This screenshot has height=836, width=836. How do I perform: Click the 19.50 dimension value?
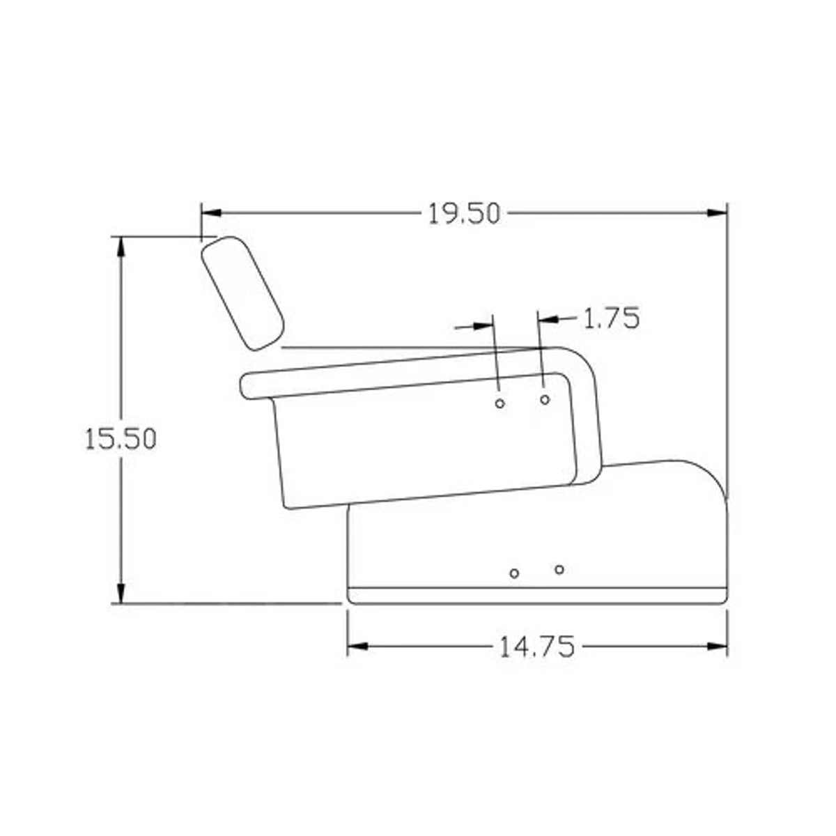coord(464,214)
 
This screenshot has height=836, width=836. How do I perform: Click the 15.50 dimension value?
coord(120,439)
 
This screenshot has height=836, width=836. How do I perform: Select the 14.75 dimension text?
coord(537,647)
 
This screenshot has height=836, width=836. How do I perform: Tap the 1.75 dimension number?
coord(611,318)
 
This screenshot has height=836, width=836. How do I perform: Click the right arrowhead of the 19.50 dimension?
coord(717,213)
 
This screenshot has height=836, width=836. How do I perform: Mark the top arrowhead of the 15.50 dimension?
coord(121,247)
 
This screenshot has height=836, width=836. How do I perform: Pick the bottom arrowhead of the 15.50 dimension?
coord(121,593)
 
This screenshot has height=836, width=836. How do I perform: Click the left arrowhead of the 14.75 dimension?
coord(358,647)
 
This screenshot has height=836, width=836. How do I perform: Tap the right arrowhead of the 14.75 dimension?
coord(717,647)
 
